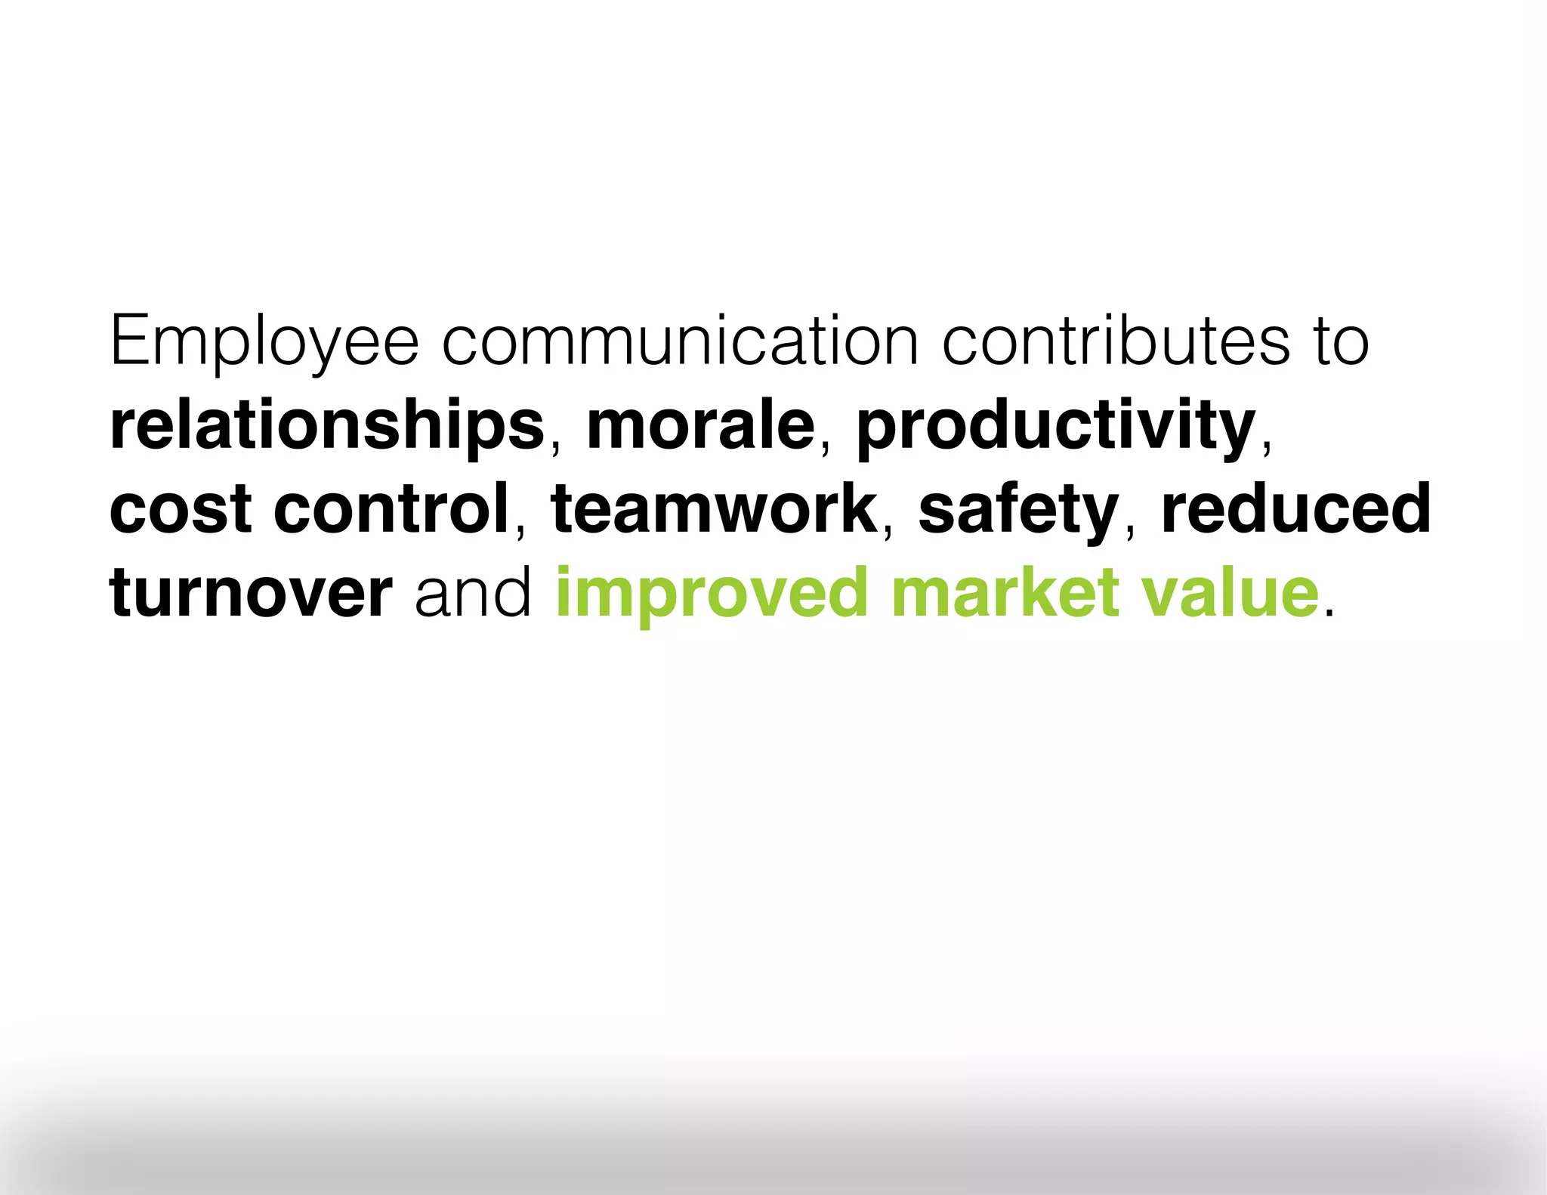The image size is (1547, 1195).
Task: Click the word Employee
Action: [264, 342]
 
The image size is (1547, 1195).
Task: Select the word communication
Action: [680, 342]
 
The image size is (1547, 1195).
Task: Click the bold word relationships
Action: [327, 427]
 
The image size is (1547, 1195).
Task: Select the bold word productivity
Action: [1055, 427]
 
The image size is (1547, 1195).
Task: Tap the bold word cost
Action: [181, 510]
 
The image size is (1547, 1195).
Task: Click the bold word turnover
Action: [251, 593]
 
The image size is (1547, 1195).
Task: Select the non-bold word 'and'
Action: [474, 593]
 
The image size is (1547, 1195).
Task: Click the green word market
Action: [1005, 593]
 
